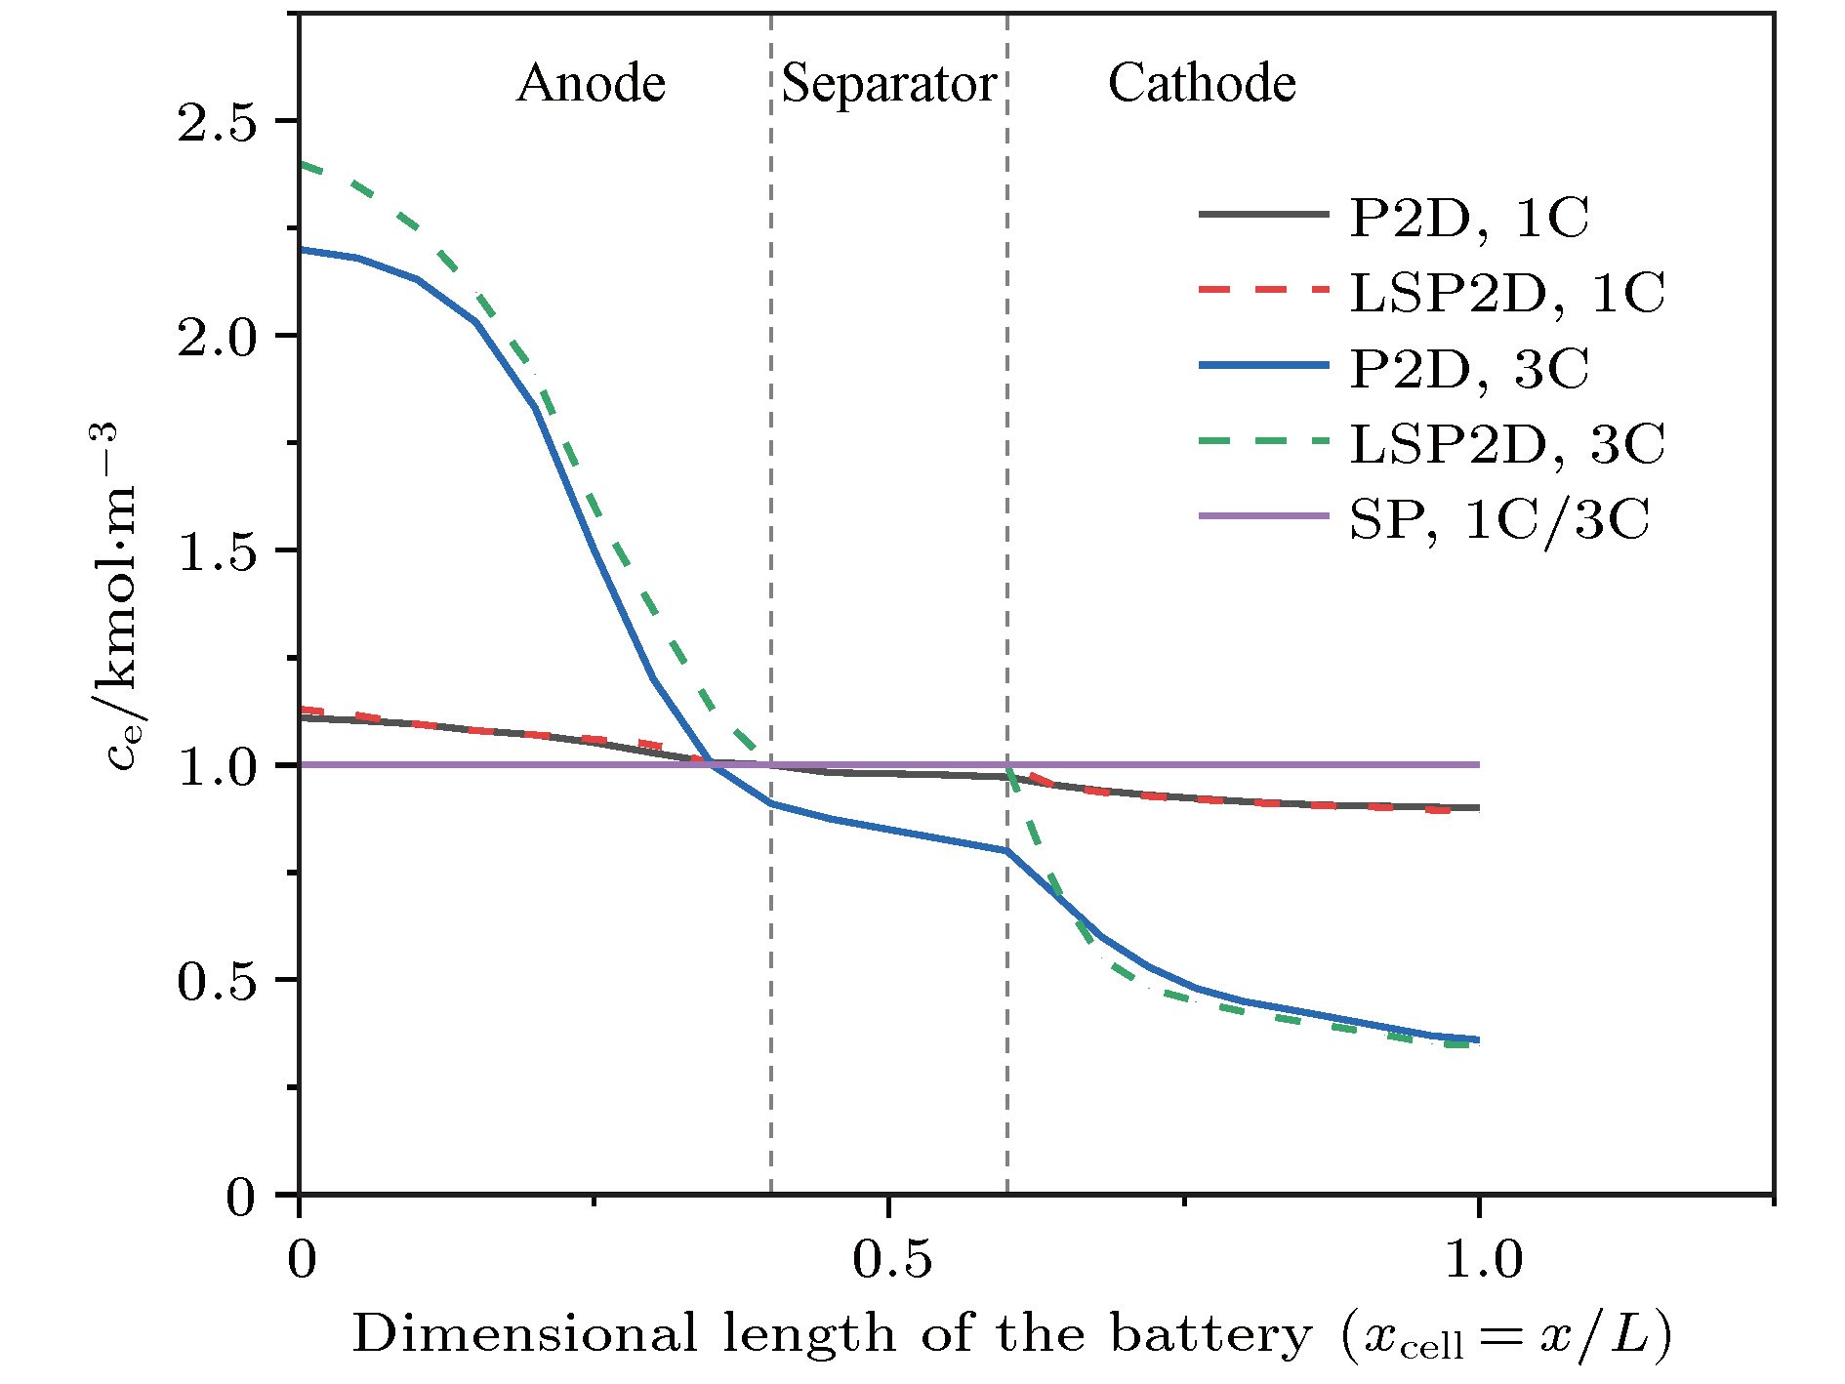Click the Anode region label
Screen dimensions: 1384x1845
[x=591, y=84]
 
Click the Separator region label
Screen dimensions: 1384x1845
[x=888, y=84]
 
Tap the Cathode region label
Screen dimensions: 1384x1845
[x=1202, y=84]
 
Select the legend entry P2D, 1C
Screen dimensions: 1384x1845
[x=1469, y=217]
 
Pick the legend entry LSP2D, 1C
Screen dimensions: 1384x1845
[x=1506, y=292]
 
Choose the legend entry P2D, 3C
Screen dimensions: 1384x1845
[x=1469, y=368]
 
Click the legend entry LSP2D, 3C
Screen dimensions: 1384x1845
[x=1506, y=444]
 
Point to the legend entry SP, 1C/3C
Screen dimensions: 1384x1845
[x=1499, y=519]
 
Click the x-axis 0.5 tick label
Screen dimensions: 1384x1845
[x=891, y=1259]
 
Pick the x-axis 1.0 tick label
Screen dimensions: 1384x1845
[x=1482, y=1259]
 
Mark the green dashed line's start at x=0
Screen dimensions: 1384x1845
[x=301, y=164]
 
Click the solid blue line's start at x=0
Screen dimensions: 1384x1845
[x=301, y=250]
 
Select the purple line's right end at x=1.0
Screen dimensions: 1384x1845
[x=1479, y=764]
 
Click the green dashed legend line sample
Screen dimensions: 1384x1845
[x=1264, y=442]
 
